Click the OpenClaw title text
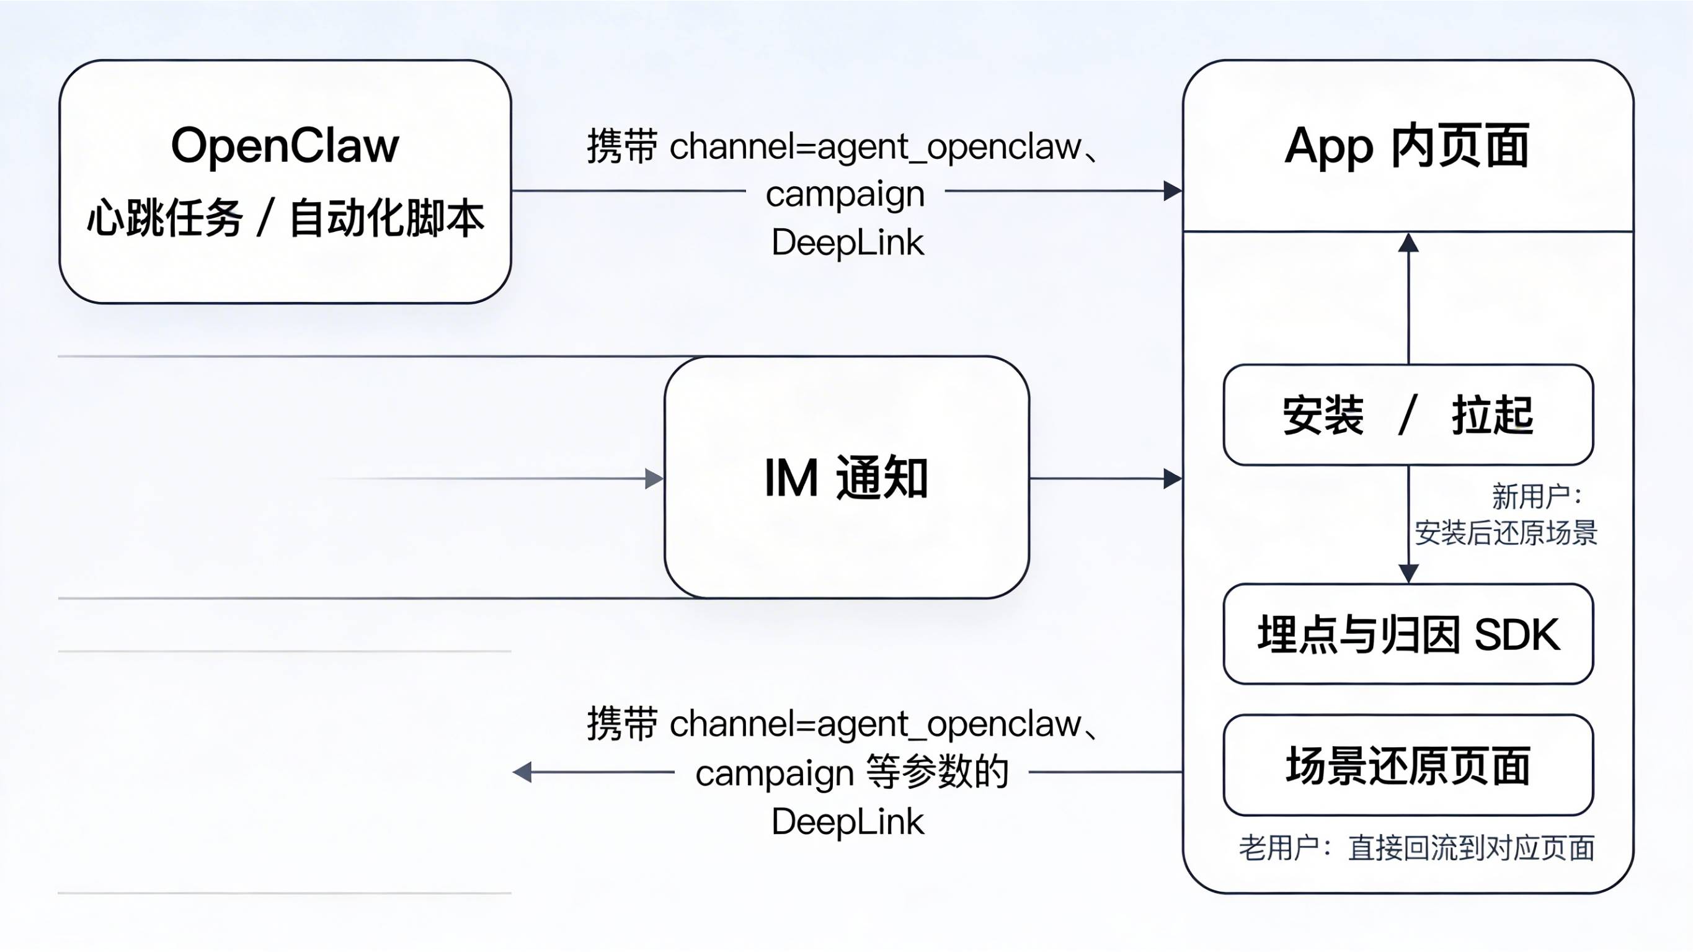click(285, 145)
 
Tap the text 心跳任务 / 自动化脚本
click(285, 218)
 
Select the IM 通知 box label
click(846, 478)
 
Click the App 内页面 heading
click(1407, 145)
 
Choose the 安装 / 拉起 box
click(1408, 415)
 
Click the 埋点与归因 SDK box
click(1408, 634)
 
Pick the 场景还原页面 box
click(1408, 765)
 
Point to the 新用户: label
click(1537, 496)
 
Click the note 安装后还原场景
click(1506, 533)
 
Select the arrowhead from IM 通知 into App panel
click(1173, 479)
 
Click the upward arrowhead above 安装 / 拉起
click(1408, 242)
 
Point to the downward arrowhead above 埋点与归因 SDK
click(1408, 574)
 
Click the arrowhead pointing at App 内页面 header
click(1173, 191)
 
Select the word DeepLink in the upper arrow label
click(847, 242)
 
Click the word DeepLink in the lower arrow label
click(847, 822)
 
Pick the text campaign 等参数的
click(851, 773)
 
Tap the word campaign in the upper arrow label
click(845, 194)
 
